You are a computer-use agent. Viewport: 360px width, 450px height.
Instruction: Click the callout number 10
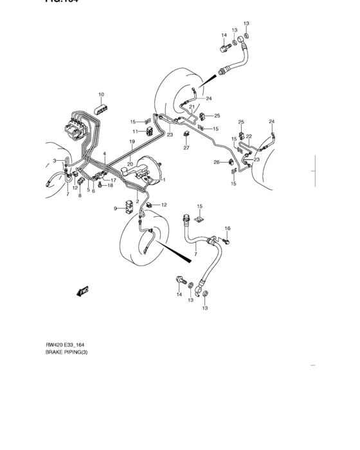pos(101,94)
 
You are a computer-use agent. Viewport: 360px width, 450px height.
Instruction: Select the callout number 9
pos(115,208)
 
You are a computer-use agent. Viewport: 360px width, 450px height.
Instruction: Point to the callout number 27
pos(186,148)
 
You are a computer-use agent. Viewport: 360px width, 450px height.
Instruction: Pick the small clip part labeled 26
pos(226,163)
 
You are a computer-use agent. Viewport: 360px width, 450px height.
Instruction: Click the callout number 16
pos(227,229)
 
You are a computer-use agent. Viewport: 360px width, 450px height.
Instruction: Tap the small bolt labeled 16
pos(227,240)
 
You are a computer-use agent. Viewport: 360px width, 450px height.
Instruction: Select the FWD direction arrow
pos(83,291)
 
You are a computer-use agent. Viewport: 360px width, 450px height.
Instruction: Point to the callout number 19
pos(131,141)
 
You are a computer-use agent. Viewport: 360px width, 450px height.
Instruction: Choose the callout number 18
pos(110,186)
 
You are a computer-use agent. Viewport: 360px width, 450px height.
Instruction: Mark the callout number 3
pos(55,161)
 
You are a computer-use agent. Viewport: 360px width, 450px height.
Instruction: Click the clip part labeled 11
pos(149,132)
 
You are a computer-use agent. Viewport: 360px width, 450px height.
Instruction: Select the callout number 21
pos(192,107)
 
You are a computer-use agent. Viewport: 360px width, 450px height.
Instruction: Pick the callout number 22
pos(248,136)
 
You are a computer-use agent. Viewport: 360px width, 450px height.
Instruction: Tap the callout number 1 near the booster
pos(165,180)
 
